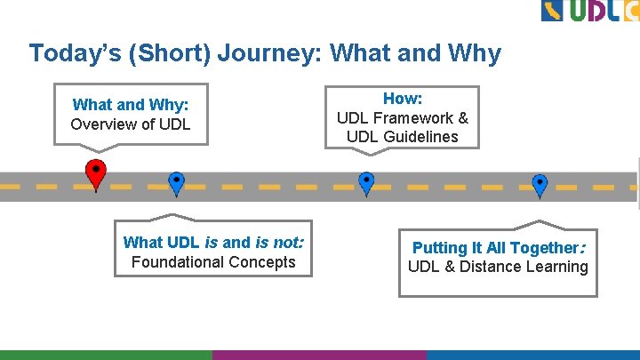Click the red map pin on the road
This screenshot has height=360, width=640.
point(95,172)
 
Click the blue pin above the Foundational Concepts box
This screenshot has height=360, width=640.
point(176,182)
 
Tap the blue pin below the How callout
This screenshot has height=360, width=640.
point(365,182)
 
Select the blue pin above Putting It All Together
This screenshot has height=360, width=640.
point(539,184)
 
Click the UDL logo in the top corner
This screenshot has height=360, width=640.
point(589,11)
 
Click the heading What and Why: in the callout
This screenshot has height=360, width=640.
point(130,105)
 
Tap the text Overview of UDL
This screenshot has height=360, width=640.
point(130,124)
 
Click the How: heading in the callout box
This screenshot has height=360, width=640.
point(402,99)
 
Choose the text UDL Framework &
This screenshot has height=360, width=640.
point(402,117)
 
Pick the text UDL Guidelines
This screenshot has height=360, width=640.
point(402,137)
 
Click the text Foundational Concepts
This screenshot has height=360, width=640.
point(212,261)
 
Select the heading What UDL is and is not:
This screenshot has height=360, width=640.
point(212,242)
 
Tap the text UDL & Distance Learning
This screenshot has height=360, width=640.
point(497,267)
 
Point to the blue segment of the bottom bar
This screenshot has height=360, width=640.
point(532,355)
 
